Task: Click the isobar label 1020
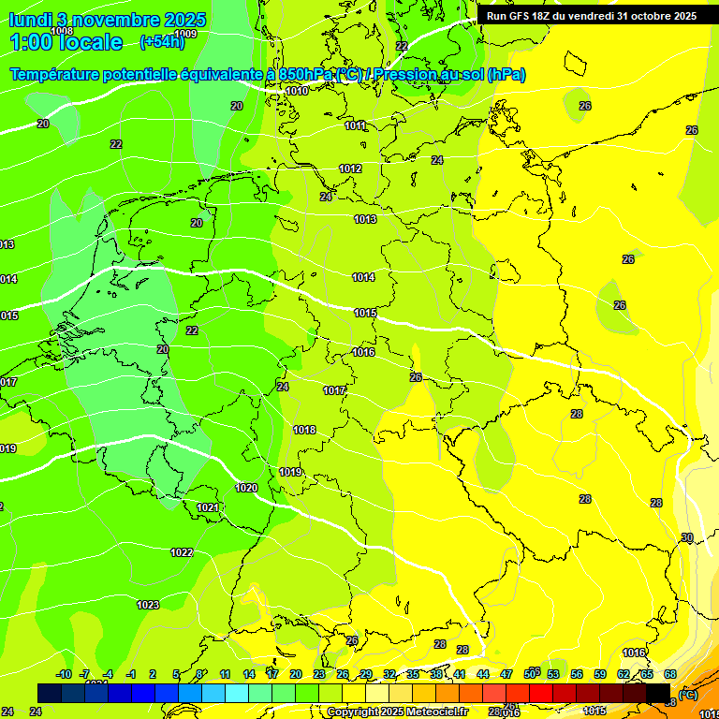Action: coord(246,488)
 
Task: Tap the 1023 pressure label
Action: coord(148,605)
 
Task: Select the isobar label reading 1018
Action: coord(304,430)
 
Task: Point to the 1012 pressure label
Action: coord(350,169)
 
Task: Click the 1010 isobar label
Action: coord(297,91)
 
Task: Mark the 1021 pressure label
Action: coord(208,507)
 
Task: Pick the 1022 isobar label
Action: coord(182,552)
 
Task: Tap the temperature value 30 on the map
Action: coord(687,537)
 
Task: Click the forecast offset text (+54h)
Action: coord(161,42)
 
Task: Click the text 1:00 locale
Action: coord(66,42)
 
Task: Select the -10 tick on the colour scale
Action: coord(63,674)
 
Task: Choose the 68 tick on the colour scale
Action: coord(670,674)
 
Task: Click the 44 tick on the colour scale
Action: coord(483,674)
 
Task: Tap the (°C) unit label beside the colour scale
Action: coord(688,694)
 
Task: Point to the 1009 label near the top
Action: coord(185,34)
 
